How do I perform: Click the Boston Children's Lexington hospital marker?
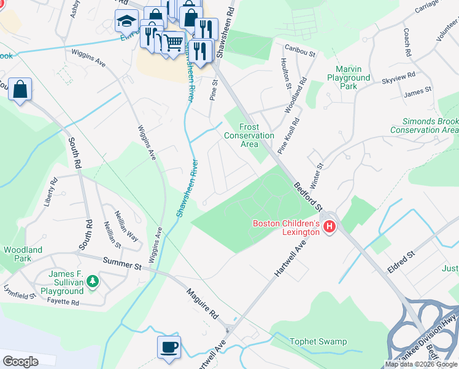pyautogui.click(x=330, y=227)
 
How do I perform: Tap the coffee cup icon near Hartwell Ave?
pyautogui.click(x=169, y=347)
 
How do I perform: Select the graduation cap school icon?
pyautogui.click(x=126, y=22)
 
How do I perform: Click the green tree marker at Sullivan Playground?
pyautogui.click(x=93, y=282)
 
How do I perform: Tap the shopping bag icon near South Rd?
pyautogui.click(x=20, y=90)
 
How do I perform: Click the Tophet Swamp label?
pyautogui.click(x=318, y=341)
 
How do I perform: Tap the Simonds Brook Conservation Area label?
pyautogui.click(x=424, y=126)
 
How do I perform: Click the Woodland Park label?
pyautogui.click(x=23, y=255)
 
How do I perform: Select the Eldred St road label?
pyautogui.click(x=401, y=261)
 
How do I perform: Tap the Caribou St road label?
pyautogui.click(x=303, y=54)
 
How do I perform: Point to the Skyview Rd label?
pyautogui.click(x=415, y=81)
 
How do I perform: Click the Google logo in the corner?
pyautogui.click(x=21, y=362)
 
